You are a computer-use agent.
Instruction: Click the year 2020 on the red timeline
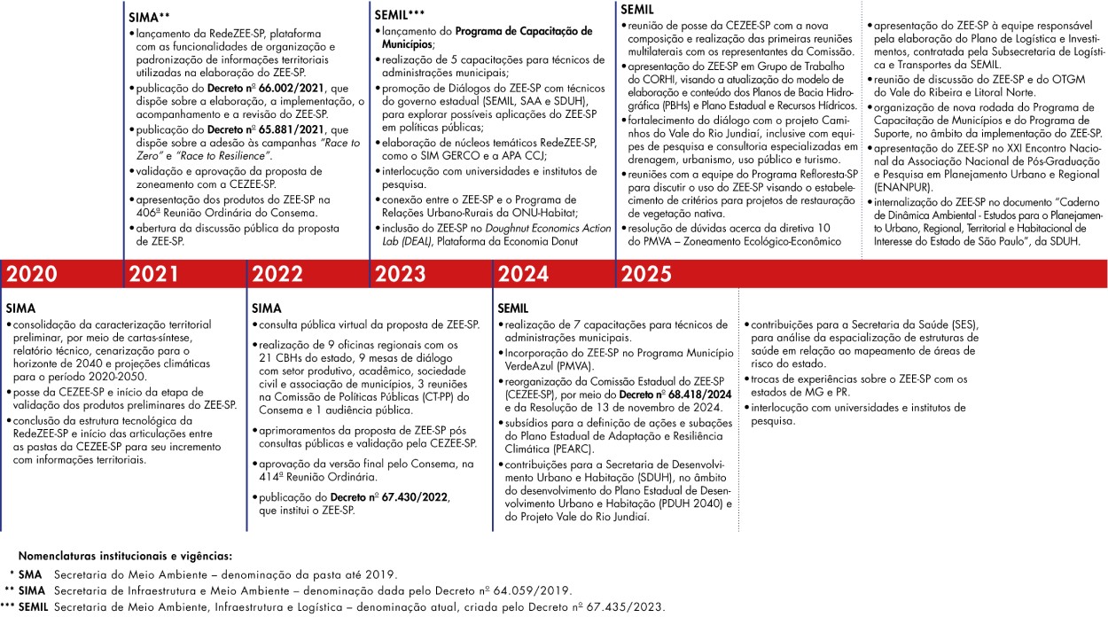point(33,275)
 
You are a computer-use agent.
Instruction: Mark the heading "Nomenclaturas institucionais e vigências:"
point(124,556)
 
